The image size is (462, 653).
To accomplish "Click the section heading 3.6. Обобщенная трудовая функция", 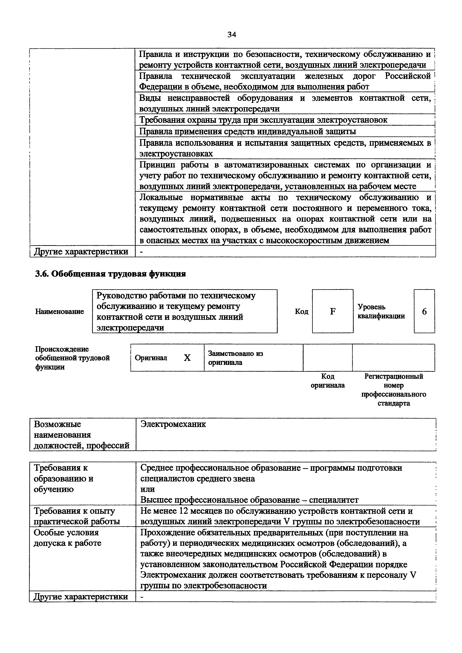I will point(111,274).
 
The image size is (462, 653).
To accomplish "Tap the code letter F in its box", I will point(332,311).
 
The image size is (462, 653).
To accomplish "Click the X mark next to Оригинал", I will point(187,358).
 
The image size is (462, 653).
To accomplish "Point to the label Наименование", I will point(59,311).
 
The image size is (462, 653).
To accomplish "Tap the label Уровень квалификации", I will point(381,311).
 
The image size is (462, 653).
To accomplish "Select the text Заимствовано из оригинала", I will point(235,358).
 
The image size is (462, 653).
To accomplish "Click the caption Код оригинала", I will point(328,381).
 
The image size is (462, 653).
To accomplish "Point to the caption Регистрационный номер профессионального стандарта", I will point(394,390).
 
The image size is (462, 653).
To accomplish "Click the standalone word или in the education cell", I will point(147,489).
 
